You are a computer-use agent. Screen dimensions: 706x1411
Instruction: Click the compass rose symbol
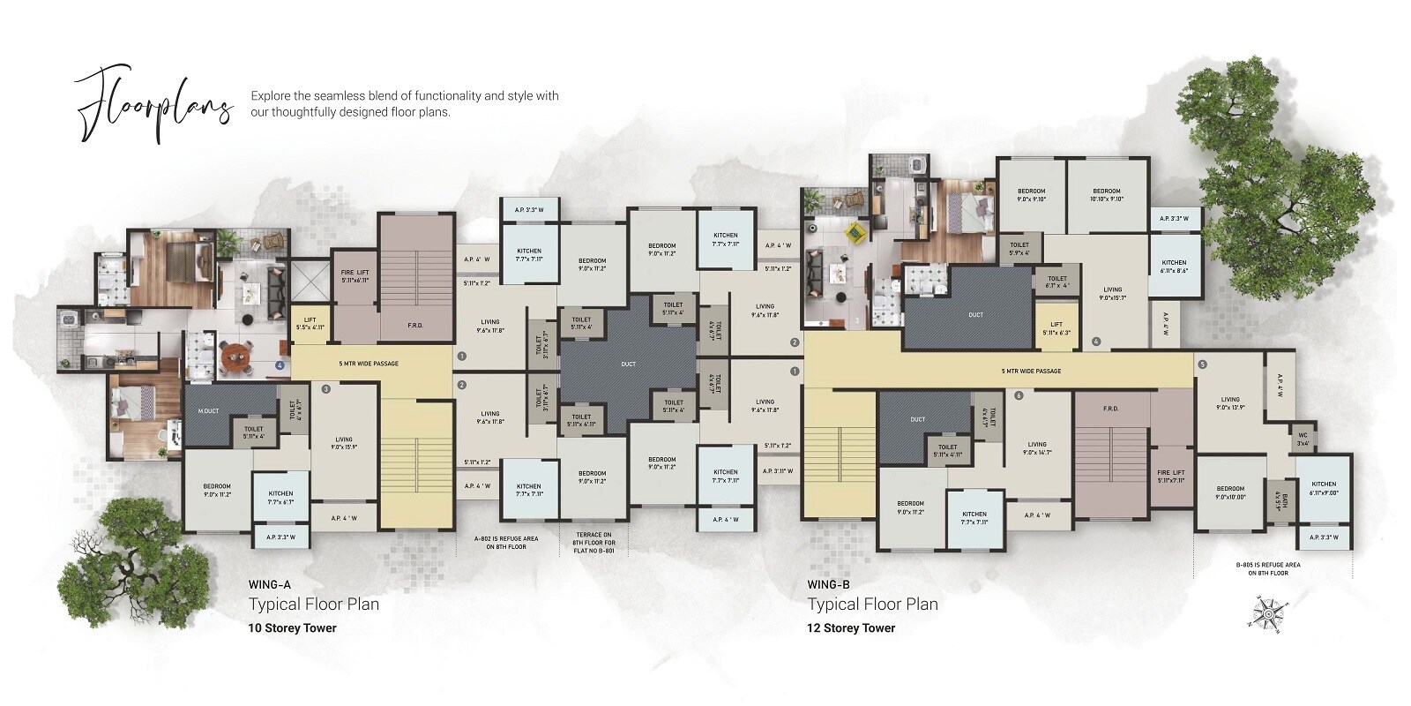point(1268,612)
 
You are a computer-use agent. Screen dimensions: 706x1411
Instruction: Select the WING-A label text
point(271,584)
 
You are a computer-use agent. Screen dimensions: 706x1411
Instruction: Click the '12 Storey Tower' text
point(851,628)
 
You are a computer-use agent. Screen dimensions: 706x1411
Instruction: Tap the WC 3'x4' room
point(1303,439)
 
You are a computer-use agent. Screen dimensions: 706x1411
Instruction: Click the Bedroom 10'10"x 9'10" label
point(1106,194)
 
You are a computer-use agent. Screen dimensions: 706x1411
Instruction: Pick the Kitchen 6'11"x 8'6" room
point(1174,267)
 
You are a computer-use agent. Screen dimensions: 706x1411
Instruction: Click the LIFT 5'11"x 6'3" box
point(1056,327)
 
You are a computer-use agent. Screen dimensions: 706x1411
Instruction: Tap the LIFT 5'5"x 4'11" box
point(310,322)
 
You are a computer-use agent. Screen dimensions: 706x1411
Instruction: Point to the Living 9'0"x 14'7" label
point(1037,448)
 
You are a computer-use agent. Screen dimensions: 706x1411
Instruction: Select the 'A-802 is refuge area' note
point(506,543)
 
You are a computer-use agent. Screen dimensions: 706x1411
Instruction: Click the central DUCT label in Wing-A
point(627,364)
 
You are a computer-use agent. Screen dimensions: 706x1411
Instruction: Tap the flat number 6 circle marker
point(1019,395)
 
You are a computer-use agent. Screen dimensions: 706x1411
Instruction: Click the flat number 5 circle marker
point(1201,364)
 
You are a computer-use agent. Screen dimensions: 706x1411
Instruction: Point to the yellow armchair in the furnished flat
point(854,232)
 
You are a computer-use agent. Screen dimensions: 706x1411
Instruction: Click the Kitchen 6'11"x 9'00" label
point(1323,488)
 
